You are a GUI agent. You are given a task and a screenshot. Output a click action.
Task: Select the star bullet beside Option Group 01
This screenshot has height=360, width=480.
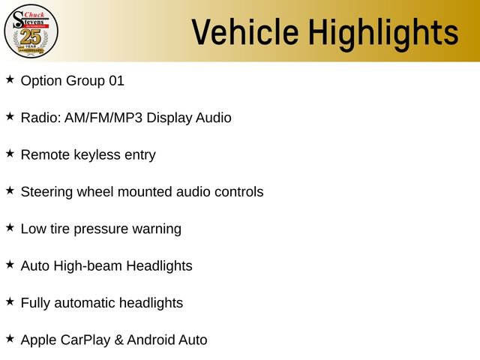(x=10, y=79)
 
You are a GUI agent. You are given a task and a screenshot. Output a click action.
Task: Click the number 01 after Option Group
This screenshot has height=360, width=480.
(x=116, y=80)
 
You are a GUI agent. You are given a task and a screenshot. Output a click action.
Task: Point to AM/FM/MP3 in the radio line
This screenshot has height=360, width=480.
(x=99, y=118)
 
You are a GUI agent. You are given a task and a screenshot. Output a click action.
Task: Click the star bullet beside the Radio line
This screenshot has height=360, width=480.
(x=10, y=116)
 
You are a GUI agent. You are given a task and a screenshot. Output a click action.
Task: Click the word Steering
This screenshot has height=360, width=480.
(x=45, y=192)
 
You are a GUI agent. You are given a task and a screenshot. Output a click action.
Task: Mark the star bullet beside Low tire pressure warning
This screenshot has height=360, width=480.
(x=10, y=227)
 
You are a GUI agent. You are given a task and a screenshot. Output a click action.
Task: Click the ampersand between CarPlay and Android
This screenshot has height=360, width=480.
(x=118, y=340)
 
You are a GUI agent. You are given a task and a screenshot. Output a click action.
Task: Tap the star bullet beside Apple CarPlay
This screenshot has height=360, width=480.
(x=10, y=338)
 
